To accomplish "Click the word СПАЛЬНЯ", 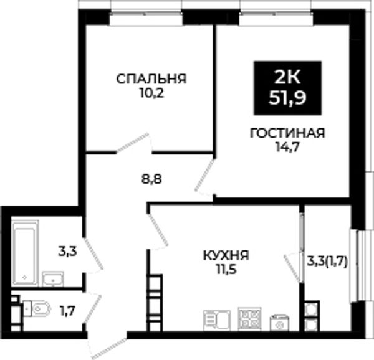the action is point(151,79).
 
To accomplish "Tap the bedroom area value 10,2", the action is point(152,93).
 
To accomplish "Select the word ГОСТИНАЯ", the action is point(287,133).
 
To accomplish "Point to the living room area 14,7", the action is point(287,147).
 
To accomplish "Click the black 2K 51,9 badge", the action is point(287,88).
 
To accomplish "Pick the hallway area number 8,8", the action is point(151,179).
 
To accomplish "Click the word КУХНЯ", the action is point(226,255).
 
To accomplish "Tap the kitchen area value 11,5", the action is point(226,270).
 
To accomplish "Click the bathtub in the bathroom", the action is point(25,253).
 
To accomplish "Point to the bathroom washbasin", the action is point(53,279).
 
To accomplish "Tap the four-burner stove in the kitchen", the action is point(249,319).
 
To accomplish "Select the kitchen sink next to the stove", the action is point(217,320).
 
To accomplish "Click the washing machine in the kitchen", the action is point(279,323).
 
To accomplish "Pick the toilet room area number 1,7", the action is point(68,311).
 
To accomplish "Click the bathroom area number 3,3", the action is point(67,252).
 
